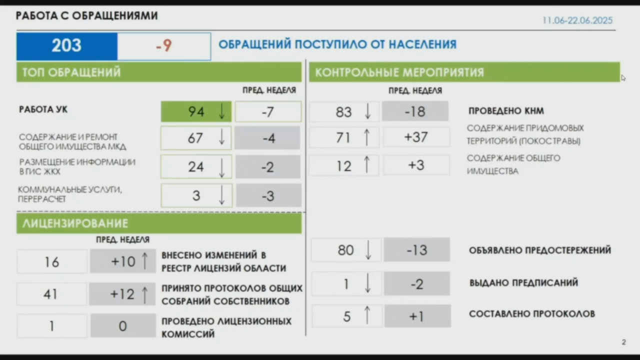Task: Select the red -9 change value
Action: tap(164, 45)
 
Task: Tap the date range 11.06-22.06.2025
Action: tap(577, 20)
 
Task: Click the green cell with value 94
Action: tap(196, 111)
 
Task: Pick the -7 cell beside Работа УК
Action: tap(268, 111)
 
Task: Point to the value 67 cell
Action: tap(196, 138)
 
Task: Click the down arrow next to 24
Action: tap(221, 167)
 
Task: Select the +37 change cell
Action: tap(416, 137)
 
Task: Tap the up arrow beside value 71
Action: tap(367, 137)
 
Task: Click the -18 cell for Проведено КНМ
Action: tap(415, 111)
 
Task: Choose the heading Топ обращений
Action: tap(71, 72)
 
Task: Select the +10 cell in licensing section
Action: tap(123, 261)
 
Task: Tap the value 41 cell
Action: tap(51, 294)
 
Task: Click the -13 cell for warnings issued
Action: tap(417, 249)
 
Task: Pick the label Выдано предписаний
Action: tap(523, 283)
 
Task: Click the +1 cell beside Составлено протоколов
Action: tap(417, 316)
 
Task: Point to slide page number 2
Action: tap(623, 342)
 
